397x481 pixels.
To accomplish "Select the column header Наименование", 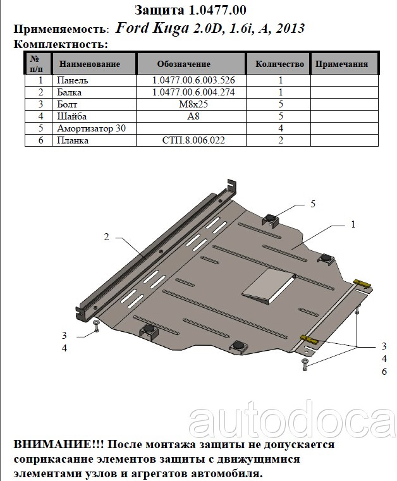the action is coord(90,64).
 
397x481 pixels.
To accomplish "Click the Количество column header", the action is coord(279,64).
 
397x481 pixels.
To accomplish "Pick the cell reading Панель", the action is coord(73,80).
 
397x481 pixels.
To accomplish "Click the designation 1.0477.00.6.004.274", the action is coord(193,92).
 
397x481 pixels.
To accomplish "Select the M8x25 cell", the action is coord(193,104).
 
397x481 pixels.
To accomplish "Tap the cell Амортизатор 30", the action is coord(92,128).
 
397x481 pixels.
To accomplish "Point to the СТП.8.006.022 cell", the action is coord(193,140).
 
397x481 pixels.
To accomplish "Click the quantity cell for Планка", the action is coord(281,140).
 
